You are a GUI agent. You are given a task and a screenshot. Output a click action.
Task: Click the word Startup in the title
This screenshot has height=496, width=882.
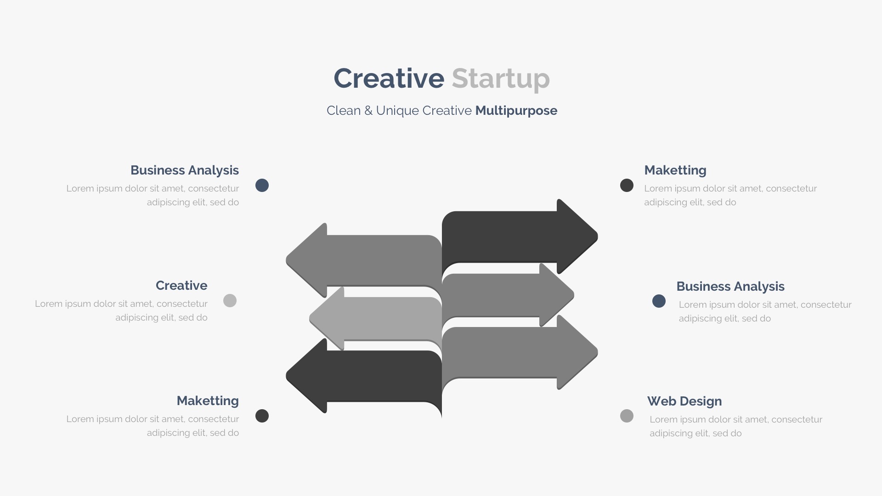coord(501,79)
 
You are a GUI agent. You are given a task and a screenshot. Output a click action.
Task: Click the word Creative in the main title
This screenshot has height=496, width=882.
coord(389,78)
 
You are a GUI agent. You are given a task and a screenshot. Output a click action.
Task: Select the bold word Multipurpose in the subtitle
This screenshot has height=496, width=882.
coord(516,111)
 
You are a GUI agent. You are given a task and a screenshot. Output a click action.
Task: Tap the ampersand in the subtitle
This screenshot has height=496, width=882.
coord(368,111)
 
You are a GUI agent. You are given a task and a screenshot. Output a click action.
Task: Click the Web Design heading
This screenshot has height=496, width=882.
coord(684,401)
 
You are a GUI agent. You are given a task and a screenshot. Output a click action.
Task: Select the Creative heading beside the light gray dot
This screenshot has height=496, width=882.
coord(181,285)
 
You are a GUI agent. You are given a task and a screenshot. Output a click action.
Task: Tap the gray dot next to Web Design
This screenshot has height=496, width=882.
coord(627,416)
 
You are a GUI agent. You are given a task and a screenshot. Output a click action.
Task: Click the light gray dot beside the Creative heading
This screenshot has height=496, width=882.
coord(230,301)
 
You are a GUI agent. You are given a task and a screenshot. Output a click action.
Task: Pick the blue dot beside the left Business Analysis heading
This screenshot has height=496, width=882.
coord(262,186)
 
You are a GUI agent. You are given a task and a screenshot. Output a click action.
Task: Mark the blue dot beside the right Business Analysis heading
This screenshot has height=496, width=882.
coord(659,301)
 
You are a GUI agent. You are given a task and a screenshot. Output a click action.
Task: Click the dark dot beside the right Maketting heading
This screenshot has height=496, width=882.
coord(627,186)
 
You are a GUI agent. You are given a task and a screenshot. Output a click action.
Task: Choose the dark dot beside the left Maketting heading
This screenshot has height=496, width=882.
coord(262,416)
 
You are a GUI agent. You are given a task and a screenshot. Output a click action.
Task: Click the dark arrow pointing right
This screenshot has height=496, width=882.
coord(519,237)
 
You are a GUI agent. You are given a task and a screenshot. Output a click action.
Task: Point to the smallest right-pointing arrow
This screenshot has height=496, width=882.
coord(508,295)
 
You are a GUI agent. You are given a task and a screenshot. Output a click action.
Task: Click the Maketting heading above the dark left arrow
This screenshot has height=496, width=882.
coord(208,400)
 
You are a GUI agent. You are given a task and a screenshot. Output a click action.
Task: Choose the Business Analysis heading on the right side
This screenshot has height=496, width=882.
coord(730,287)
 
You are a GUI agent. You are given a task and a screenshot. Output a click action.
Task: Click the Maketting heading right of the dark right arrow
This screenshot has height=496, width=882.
coord(675,170)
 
